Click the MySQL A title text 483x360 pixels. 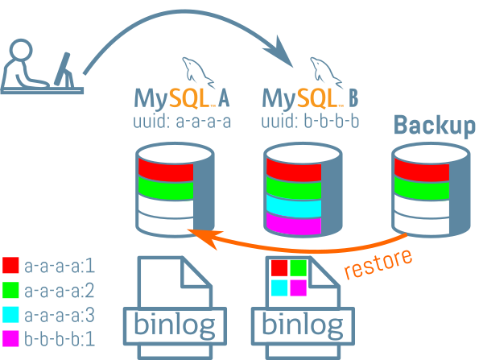tap(182, 100)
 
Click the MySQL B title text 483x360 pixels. tap(311, 100)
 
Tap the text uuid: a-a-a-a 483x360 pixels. tap(182, 122)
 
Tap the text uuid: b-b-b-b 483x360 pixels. tap(311, 122)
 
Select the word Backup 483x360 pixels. tap(435, 126)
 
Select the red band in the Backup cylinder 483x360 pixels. tap(420, 171)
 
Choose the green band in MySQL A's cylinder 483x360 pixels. tap(165, 189)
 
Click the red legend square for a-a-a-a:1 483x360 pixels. tap(11, 265)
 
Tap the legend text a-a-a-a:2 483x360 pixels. tap(60, 290)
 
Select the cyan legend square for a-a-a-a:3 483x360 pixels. tap(11, 314)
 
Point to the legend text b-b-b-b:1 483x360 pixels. tap(60, 339)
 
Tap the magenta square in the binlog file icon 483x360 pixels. tap(299, 288)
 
